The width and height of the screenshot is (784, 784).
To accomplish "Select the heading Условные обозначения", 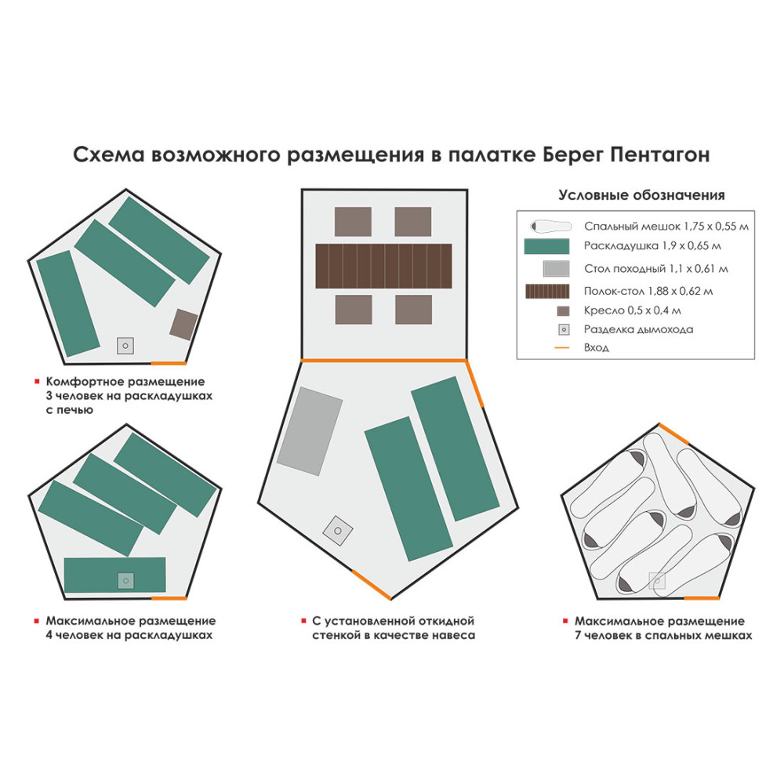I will click(x=641, y=195).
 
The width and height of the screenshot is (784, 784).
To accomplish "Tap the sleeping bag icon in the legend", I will click(x=550, y=226).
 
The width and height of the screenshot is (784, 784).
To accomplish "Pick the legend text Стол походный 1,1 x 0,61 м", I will click(x=655, y=269).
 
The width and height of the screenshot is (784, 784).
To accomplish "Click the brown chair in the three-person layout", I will click(x=183, y=324).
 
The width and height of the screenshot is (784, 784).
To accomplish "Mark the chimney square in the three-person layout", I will click(x=125, y=345).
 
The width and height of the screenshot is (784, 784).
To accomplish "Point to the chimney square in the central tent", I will click(x=337, y=531).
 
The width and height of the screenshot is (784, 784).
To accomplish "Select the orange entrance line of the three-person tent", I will click(x=169, y=363).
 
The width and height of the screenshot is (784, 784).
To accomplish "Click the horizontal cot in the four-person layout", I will click(x=114, y=575).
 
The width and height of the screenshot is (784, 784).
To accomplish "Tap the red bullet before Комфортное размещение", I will click(x=36, y=382).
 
